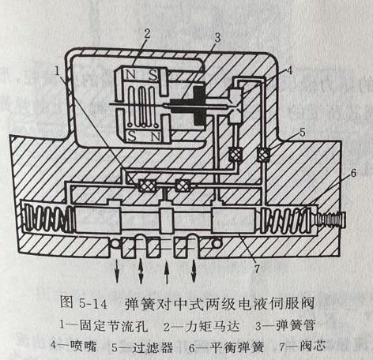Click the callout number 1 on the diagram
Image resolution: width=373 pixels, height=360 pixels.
[57, 70]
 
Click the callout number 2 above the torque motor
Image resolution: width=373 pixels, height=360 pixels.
[147, 34]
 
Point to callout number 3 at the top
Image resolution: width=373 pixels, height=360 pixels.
[217, 38]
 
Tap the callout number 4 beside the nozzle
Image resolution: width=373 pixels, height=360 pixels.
[289, 70]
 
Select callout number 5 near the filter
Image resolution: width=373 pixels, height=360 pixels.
[303, 133]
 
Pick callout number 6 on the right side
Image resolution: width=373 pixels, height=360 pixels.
[353, 173]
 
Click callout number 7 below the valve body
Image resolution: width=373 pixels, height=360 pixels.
[257, 268]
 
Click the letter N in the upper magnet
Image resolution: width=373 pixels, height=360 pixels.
[130, 75]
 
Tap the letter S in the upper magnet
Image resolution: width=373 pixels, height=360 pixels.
[153, 75]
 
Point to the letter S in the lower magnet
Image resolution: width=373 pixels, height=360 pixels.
[132, 136]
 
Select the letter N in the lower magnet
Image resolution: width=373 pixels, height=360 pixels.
[156, 137]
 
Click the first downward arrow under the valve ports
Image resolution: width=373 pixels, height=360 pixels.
[117, 272]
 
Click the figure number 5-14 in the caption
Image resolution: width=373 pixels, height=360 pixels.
[93, 304]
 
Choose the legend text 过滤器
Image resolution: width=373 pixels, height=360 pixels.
[153, 347]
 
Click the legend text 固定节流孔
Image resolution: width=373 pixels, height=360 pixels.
[114, 327]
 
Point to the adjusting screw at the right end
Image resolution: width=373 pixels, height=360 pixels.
[332, 220]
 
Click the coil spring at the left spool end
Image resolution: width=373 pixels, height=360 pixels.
[49, 219]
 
